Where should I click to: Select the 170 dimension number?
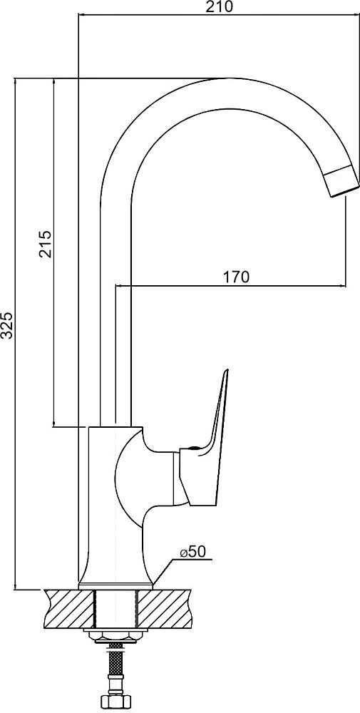236,277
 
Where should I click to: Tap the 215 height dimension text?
46,244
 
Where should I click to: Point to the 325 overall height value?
6,325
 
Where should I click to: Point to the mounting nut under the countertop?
115,636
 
